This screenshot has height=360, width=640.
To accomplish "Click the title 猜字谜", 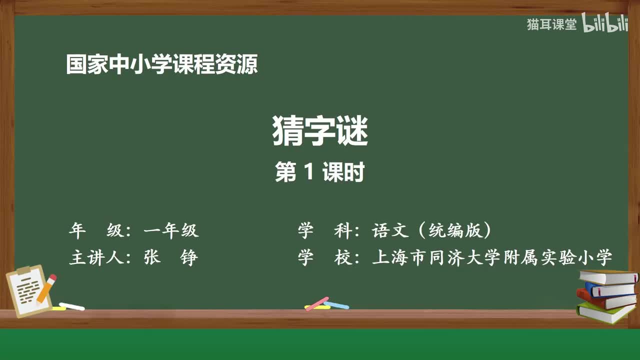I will [320, 131].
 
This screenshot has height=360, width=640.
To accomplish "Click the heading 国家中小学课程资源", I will [162, 65].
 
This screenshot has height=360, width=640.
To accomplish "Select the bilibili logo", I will [605, 24].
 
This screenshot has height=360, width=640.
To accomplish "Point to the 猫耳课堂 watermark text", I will [551, 24].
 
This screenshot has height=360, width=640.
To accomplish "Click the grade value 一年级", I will [171, 230].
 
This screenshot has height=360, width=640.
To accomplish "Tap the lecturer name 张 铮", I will [171, 257].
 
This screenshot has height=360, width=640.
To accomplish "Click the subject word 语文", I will [391, 230].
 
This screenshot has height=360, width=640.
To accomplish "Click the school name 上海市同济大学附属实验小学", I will [492, 257].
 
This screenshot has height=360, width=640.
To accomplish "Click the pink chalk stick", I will [316, 303].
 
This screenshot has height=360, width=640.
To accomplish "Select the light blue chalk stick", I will [337, 304].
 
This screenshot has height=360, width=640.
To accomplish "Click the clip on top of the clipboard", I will [24, 270].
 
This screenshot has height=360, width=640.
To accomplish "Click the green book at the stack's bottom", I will [605, 312].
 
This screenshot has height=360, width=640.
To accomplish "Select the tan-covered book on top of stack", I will [607, 276].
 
